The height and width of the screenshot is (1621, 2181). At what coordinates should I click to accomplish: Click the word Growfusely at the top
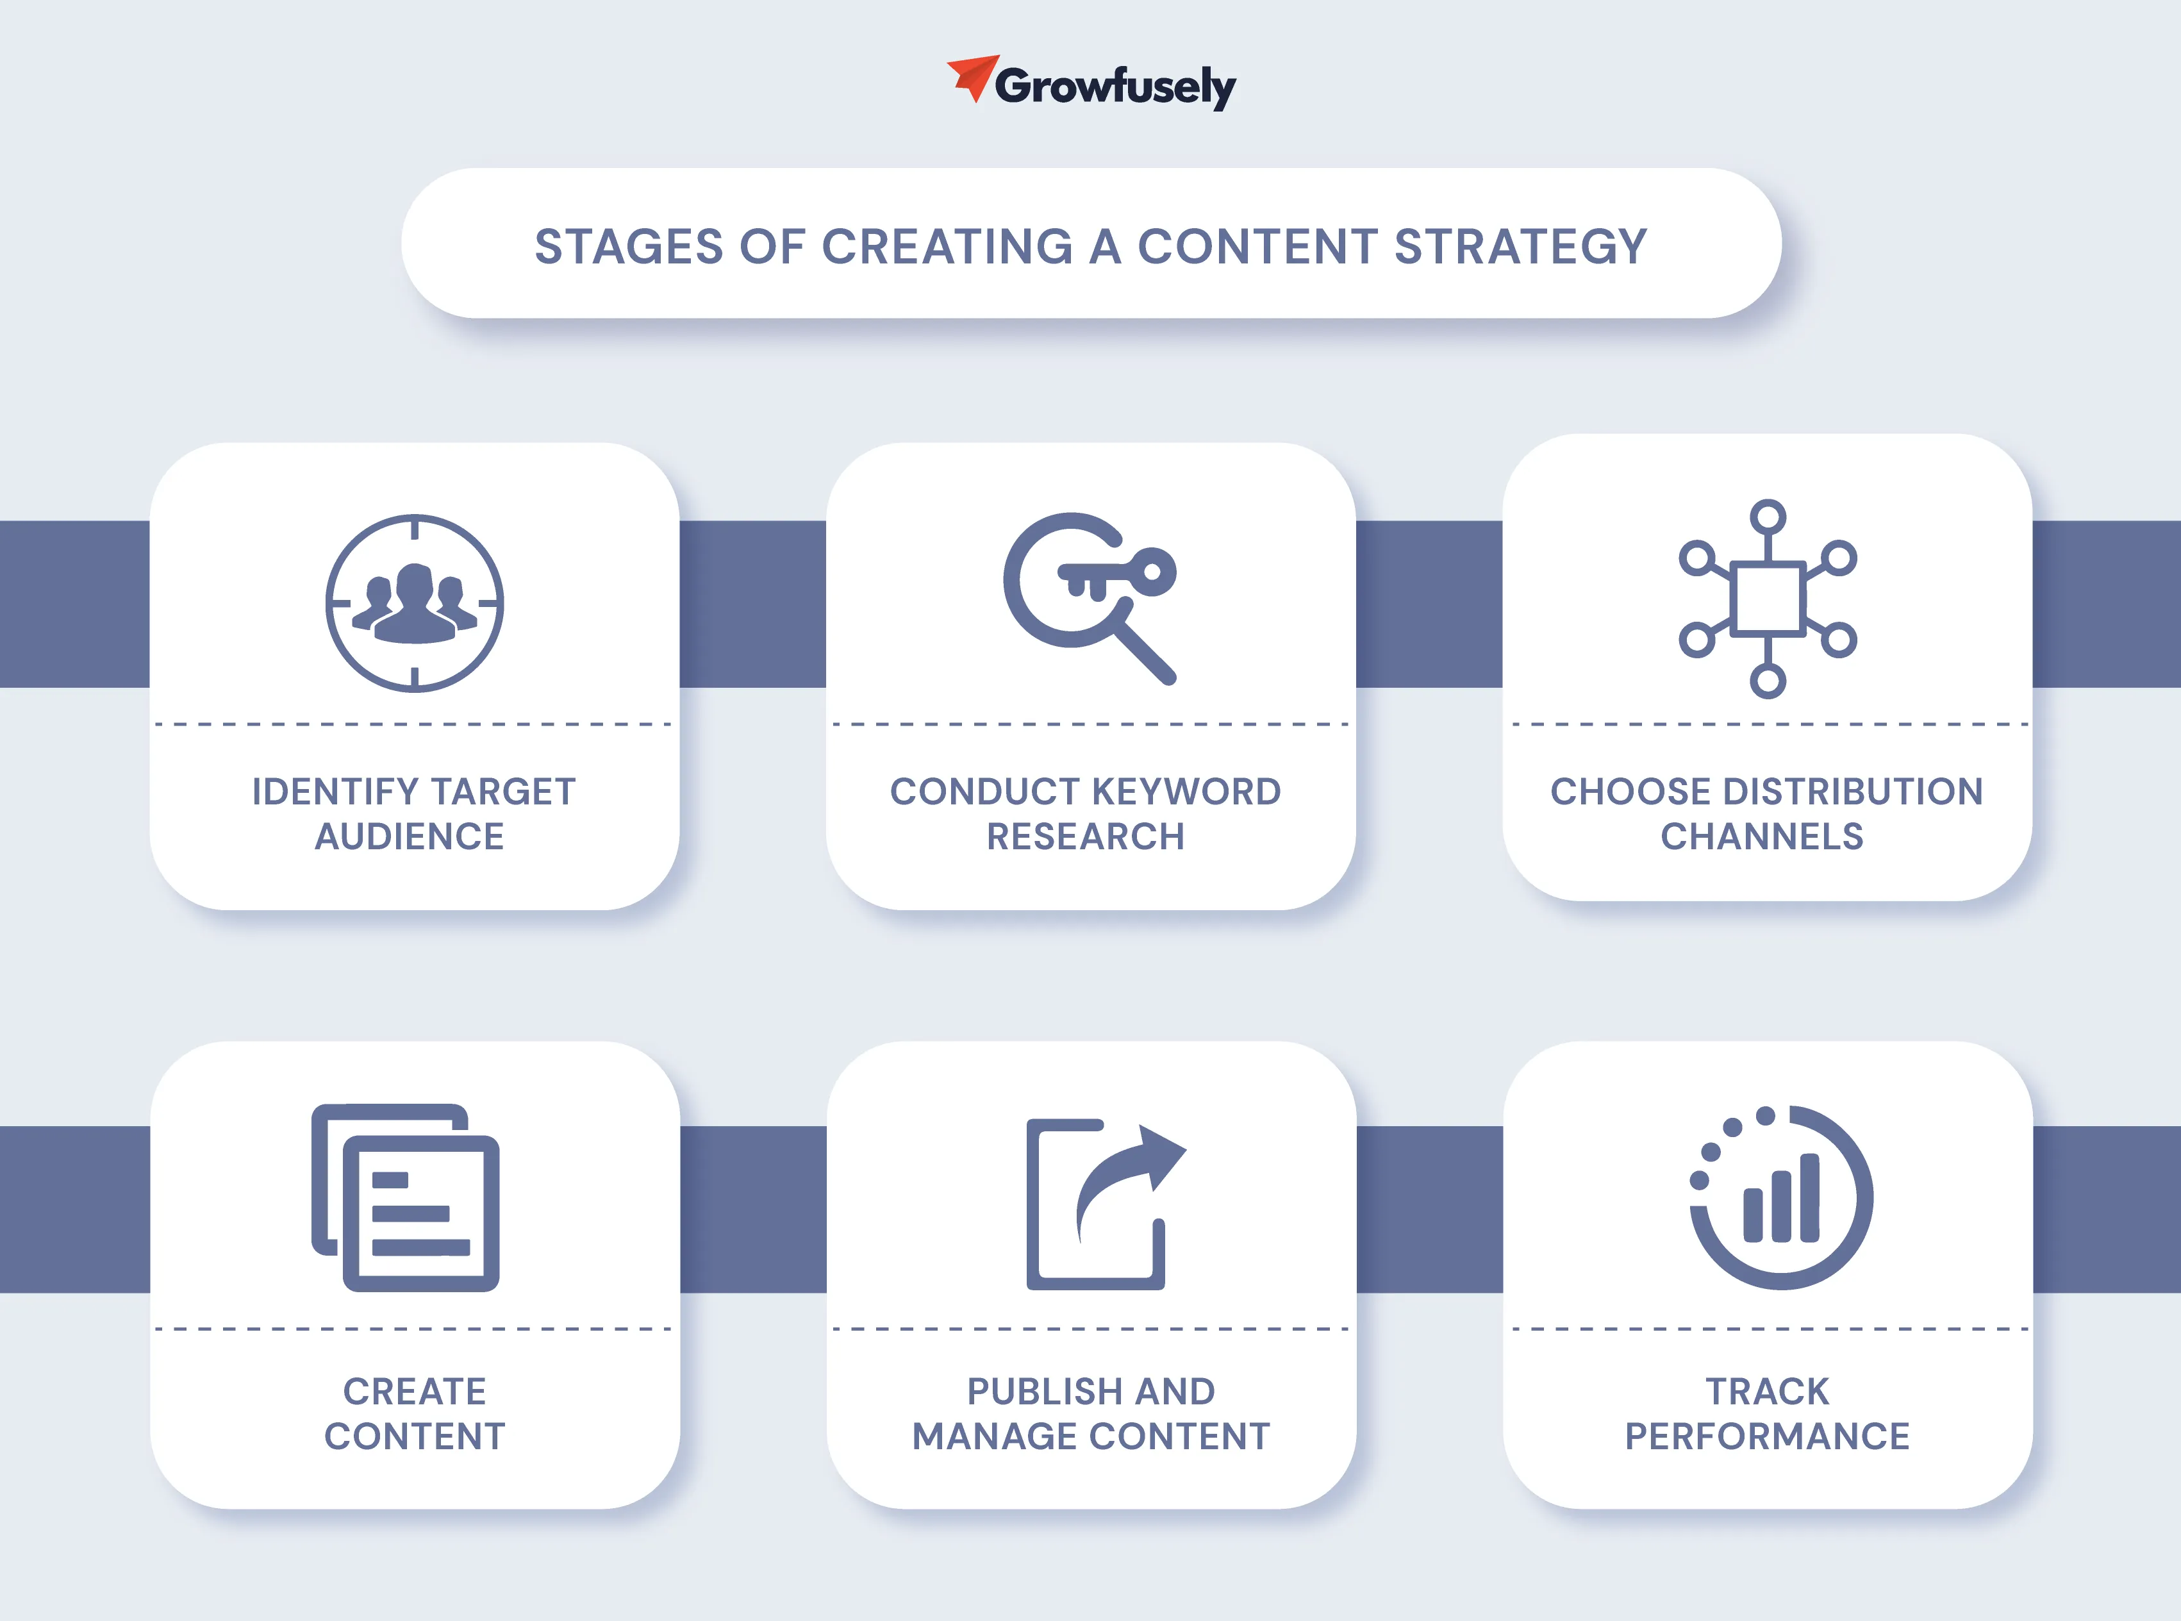coord(1116,87)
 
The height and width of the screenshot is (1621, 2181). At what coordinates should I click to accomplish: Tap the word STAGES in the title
coord(629,246)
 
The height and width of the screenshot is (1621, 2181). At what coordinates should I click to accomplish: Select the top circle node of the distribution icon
coord(1768,517)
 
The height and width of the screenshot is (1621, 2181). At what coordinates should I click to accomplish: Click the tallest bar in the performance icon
coord(1810,1197)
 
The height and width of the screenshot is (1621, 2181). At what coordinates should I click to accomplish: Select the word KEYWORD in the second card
coord(1186,792)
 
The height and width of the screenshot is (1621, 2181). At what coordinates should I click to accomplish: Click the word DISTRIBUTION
coord(1853,792)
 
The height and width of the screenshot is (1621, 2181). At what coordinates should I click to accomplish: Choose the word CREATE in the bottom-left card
coord(415,1392)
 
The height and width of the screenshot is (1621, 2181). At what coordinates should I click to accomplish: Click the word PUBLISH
coord(1044,1392)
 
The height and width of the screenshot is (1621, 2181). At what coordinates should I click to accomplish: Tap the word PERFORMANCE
coord(1767,1436)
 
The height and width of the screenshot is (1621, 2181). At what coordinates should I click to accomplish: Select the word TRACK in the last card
coord(1767,1392)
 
